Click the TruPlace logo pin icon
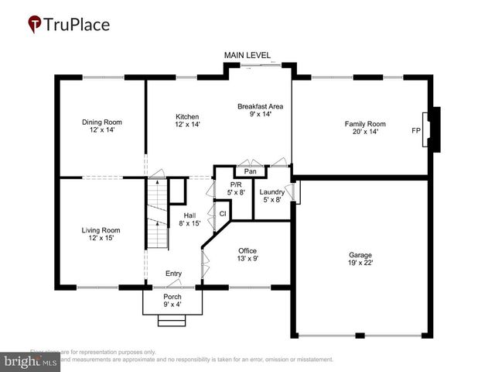(x=35, y=25)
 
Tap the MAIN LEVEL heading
(x=247, y=56)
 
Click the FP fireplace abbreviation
(x=416, y=130)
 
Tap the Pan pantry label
(x=250, y=171)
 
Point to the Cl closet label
(x=222, y=213)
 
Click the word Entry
(x=173, y=274)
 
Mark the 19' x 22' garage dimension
(x=360, y=263)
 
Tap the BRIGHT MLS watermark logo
(x=30, y=361)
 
